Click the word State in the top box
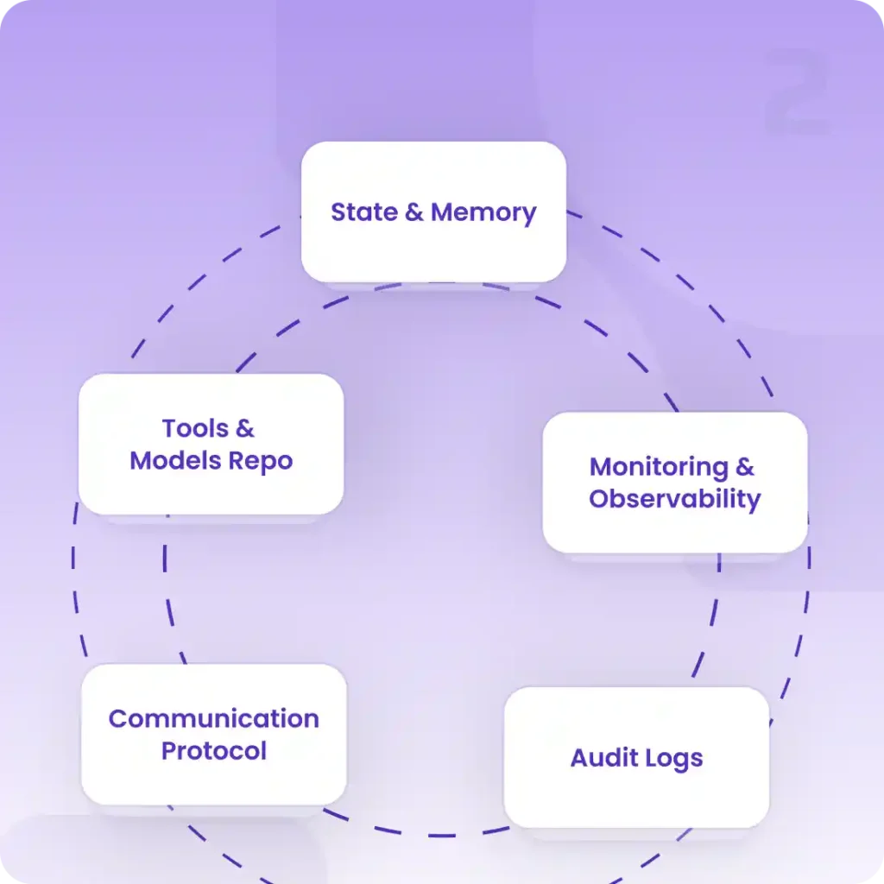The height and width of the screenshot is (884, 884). click(x=364, y=212)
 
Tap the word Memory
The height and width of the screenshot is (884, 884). click(x=483, y=212)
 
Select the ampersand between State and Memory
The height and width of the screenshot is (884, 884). click(x=414, y=212)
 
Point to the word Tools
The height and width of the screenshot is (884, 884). click(x=195, y=428)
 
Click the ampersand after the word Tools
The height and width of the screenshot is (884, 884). click(x=245, y=428)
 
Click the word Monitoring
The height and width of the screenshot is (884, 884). click(x=659, y=467)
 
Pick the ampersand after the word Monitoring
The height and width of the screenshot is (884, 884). click(x=744, y=467)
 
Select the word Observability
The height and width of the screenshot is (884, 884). click(x=674, y=499)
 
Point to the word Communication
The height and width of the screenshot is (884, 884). click(x=213, y=719)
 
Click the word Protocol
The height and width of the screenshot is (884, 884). click(x=213, y=751)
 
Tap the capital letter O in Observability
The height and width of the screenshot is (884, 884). click(x=601, y=499)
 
